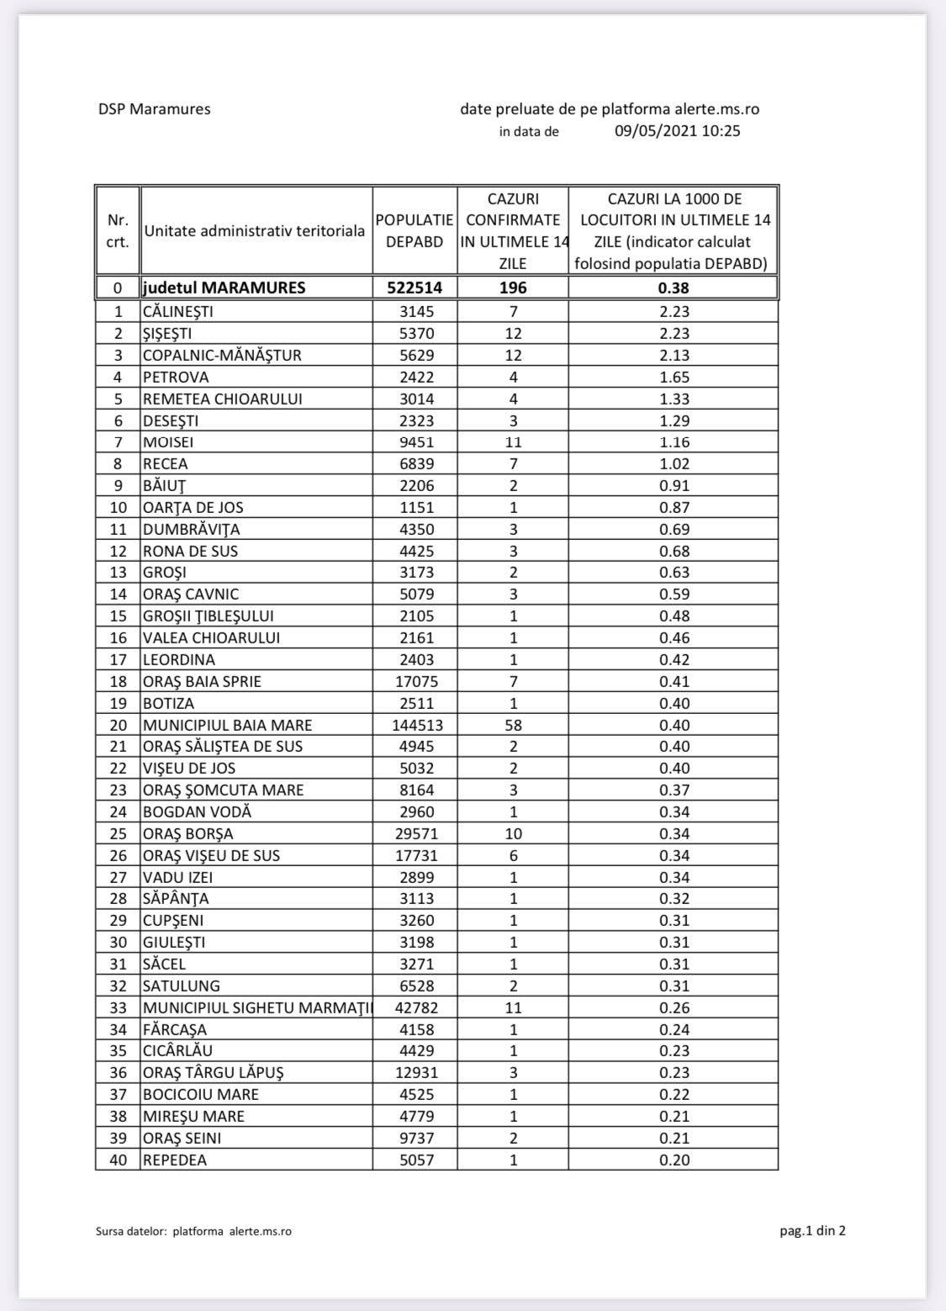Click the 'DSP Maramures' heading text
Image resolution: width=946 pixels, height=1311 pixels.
click(x=154, y=109)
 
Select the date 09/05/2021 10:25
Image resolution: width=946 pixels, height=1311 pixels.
click(x=677, y=131)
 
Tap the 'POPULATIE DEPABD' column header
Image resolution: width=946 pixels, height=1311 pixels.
click(x=415, y=230)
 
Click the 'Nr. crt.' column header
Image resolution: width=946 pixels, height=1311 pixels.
click(x=118, y=230)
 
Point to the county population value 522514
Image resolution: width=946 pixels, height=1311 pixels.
click(x=415, y=288)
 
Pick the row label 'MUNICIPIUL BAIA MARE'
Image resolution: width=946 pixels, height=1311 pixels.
click(x=227, y=725)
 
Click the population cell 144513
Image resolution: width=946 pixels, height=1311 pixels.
click(x=415, y=725)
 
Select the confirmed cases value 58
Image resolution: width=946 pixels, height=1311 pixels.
click(x=513, y=725)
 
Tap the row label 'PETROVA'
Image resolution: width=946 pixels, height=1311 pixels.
click(x=176, y=377)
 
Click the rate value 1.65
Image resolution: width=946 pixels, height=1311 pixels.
click(x=674, y=377)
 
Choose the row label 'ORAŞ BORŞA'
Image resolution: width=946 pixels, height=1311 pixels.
click(x=188, y=833)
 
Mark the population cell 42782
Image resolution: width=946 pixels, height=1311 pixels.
click(x=415, y=1007)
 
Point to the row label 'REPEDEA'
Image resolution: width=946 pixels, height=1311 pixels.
click(x=174, y=1160)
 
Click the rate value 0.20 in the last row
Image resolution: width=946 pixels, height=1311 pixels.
click(x=674, y=1160)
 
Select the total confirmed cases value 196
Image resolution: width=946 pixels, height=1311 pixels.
click(x=513, y=288)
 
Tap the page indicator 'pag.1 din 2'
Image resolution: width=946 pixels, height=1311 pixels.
click(x=812, y=1231)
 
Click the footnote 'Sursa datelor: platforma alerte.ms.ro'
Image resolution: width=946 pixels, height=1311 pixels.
click(x=194, y=1231)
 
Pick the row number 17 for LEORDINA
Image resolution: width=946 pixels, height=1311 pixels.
click(x=118, y=659)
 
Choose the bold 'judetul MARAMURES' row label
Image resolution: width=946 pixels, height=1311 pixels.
click(x=225, y=288)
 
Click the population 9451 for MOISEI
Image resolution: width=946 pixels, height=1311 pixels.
click(x=415, y=442)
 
